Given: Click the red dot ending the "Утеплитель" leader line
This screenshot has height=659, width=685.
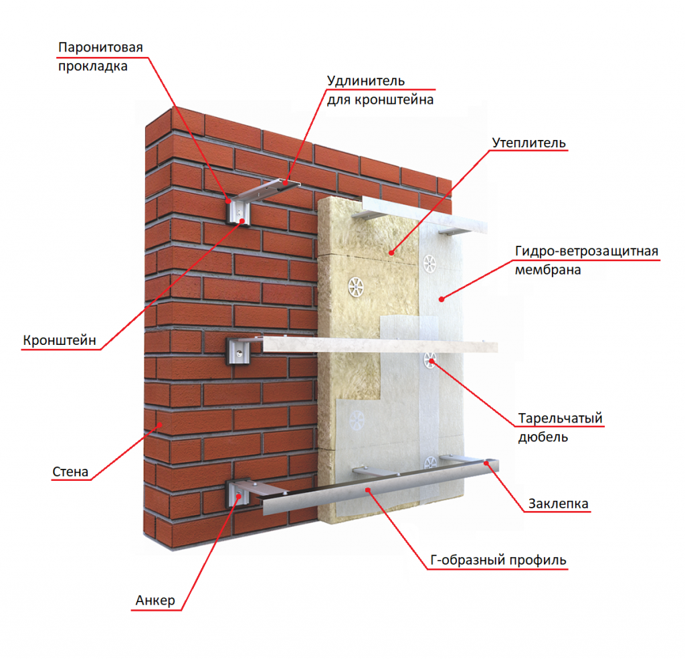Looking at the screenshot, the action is tap(391, 252).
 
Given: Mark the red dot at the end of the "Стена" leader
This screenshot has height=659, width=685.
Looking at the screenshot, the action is tap(161, 424).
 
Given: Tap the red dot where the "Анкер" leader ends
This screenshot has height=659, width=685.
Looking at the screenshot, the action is tap(239, 496).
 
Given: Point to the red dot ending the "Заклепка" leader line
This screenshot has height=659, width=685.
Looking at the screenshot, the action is tap(486, 463).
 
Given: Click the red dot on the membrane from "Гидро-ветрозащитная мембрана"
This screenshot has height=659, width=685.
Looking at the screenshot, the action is tap(442, 299).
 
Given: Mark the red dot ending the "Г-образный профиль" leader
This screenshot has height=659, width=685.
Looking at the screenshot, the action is tap(369, 490).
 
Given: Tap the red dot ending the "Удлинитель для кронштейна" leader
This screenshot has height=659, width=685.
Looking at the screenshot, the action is tap(286, 184).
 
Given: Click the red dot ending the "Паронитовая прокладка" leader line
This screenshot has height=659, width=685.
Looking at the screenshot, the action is tap(228, 201).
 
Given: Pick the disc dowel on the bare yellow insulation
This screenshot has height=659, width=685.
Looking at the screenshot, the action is tap(356, 287).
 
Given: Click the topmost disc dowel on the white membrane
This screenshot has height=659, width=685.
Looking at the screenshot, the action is tap(429, 264).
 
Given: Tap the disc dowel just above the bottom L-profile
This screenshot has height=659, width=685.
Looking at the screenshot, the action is tap(430, 462).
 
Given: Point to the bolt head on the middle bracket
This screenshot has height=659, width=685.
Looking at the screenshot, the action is tap(239, 352).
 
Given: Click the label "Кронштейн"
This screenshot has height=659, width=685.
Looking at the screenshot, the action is tap(60, 340).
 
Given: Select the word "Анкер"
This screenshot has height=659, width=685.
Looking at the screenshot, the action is tap(155, 601).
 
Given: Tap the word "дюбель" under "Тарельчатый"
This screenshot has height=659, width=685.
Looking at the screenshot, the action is tap(543, 437).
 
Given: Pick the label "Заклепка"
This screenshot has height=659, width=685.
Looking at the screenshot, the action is tap(559, 504).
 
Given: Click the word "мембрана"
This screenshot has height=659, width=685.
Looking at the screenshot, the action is tap(548, 270).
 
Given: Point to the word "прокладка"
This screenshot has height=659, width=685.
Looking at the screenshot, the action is tap(92, 66).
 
